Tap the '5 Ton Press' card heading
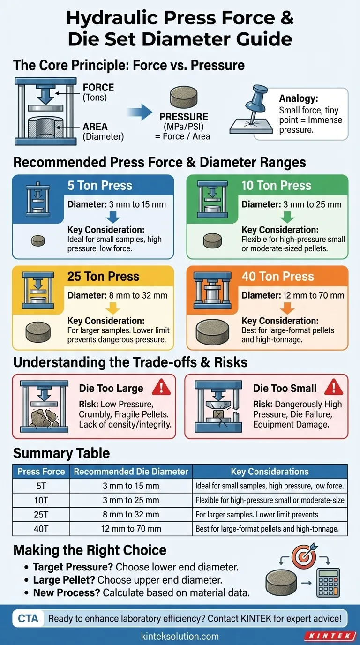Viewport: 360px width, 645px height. pyautogui.click(x=100, y=185)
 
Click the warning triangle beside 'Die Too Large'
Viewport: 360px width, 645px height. pyautogui.click(x=162, y=388)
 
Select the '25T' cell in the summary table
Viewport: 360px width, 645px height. pyautogui.click(x=41, y=514)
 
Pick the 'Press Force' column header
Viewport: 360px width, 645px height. pyautogui.click(x=41, y=472)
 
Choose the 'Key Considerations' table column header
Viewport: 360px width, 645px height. pyautogui.click(x=270, y=472)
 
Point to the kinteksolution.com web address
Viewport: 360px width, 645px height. pyautogui.click(x=180, y=636)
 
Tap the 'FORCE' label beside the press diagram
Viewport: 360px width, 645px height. pyautogui.click(x=98, y=87)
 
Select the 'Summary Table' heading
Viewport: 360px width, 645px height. pyautogui.click(x=61, y=453)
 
